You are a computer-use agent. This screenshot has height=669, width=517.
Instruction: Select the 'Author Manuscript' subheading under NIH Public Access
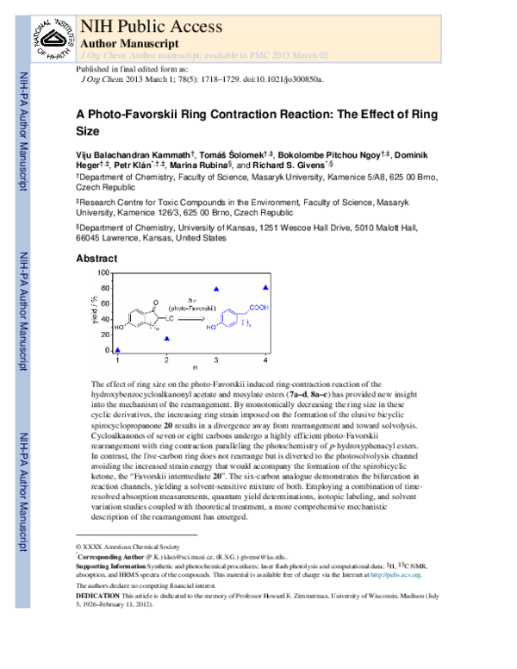(129, 42)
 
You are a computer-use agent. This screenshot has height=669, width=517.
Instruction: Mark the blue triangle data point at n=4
(265, 287)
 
